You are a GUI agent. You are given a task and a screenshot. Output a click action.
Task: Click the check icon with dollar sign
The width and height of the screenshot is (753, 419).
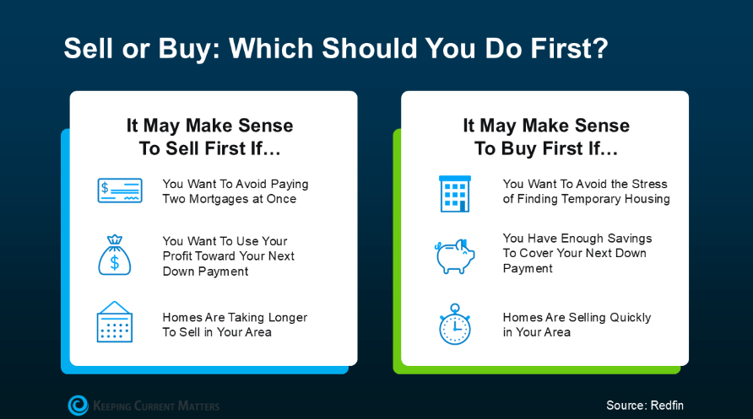120,191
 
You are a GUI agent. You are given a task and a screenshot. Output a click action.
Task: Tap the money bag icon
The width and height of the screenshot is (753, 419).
115,255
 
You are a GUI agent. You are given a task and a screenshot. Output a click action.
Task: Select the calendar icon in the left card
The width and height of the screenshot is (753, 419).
115,322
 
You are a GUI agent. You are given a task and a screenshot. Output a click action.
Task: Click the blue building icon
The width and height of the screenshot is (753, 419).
455,194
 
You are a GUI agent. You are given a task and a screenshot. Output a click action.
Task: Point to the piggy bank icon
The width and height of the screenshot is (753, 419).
455,256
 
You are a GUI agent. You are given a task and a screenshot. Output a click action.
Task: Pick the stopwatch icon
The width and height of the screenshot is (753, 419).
455,324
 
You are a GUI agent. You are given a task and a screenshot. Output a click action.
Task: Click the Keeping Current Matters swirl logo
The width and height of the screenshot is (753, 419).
79,406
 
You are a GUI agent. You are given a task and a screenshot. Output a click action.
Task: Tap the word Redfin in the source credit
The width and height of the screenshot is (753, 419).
667,406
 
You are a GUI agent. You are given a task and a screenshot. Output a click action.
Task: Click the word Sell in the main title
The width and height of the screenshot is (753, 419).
89,48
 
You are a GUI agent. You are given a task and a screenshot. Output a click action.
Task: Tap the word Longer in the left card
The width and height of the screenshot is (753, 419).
288,317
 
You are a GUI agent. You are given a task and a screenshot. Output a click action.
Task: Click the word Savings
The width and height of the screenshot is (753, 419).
630,239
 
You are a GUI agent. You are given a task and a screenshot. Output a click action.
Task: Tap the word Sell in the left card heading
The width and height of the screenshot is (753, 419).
182,148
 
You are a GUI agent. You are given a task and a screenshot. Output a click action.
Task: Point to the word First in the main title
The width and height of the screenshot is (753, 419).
561,48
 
